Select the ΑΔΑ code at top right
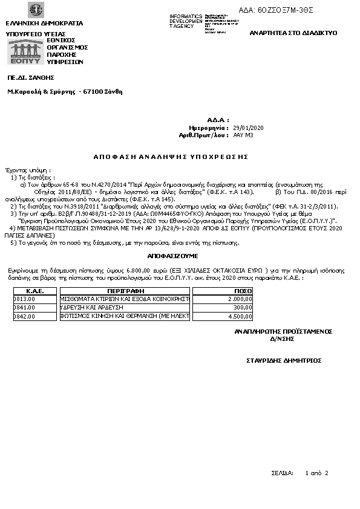284,10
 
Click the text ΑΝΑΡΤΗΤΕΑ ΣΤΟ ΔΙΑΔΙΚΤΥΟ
293,33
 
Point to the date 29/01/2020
248,128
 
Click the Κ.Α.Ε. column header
36,291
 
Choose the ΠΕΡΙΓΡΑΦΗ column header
125,291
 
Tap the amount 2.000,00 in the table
240,299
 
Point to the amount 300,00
243,308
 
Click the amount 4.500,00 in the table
240,316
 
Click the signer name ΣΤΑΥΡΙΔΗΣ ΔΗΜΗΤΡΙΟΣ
284,360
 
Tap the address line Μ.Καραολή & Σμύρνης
65,92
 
